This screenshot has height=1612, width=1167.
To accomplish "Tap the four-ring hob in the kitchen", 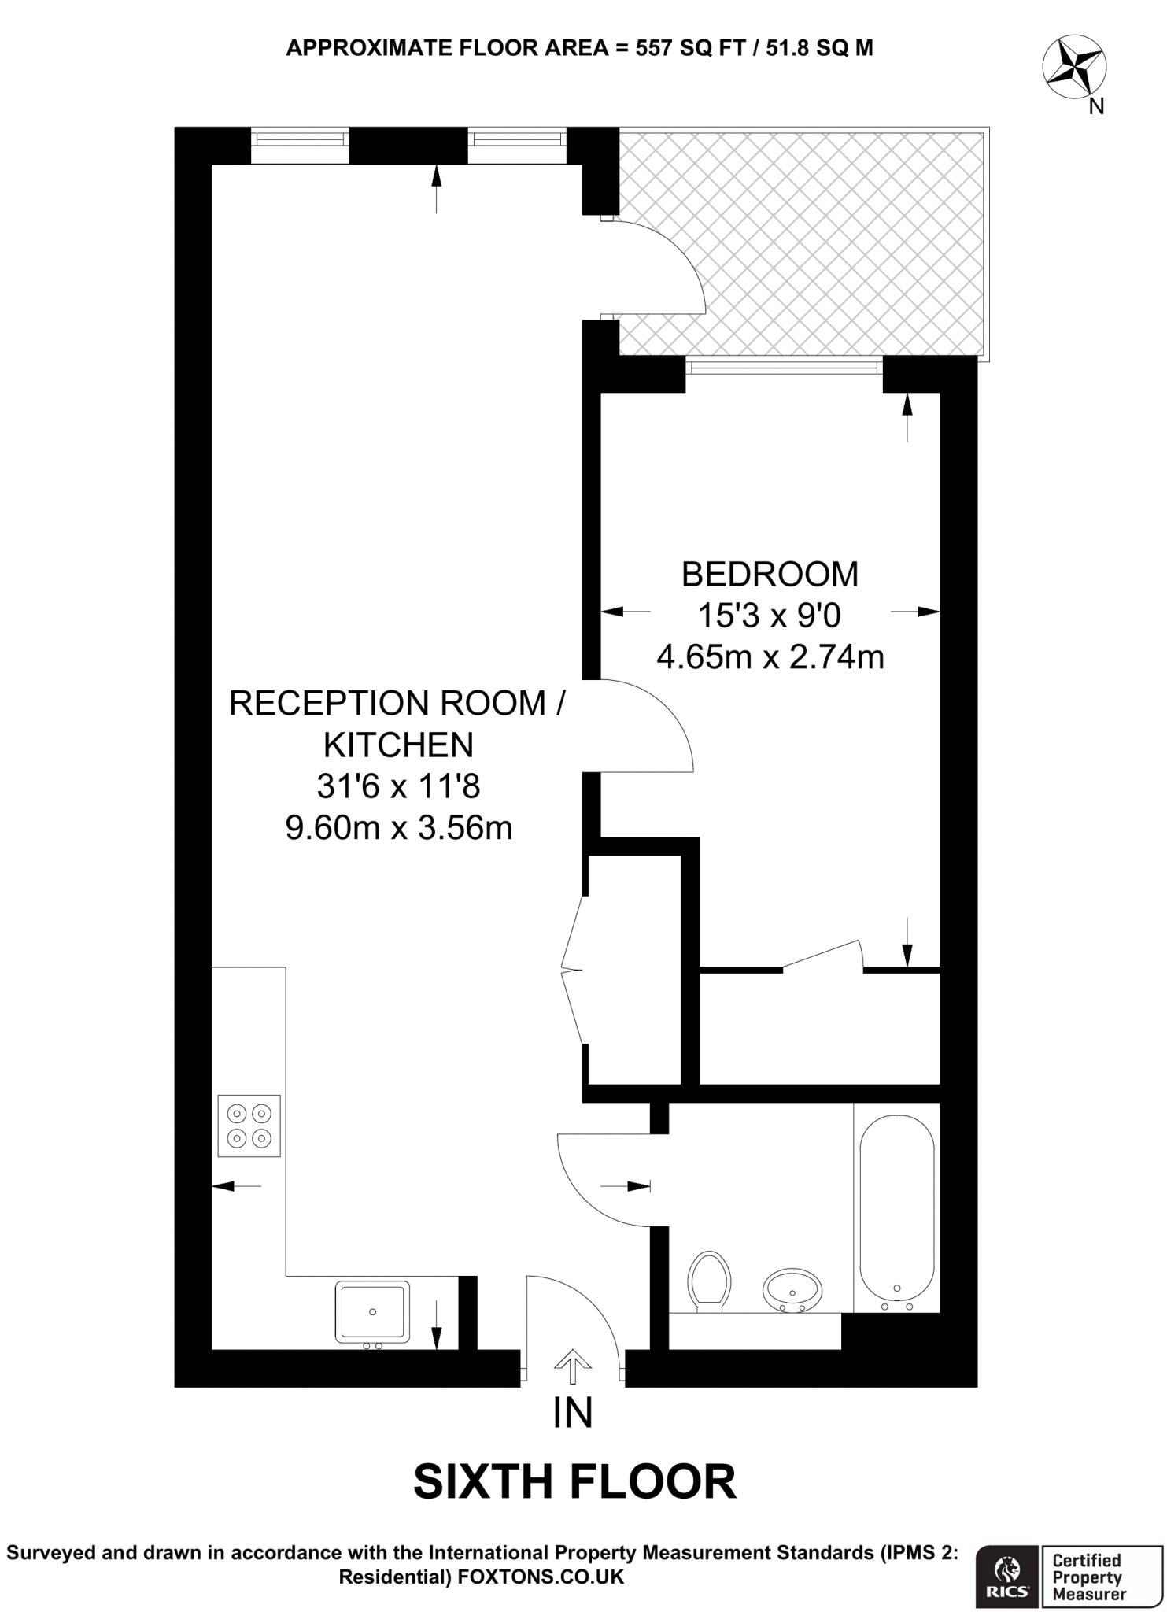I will (249, 1126).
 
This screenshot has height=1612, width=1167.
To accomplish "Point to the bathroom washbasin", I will (792, 1290).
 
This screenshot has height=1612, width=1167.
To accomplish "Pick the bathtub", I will (897, 1211).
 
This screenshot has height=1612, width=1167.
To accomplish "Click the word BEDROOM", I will (769, 574).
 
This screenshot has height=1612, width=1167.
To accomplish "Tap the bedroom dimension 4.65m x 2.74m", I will (770, 656).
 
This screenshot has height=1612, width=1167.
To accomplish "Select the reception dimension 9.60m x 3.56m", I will (399, 827).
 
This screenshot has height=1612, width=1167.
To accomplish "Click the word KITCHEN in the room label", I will (399, 744).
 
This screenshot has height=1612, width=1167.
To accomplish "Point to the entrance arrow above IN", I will (572, 1366).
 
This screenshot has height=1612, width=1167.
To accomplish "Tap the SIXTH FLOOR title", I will (574, 1481).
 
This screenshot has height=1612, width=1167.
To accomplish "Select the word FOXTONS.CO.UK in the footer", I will (541, 1577).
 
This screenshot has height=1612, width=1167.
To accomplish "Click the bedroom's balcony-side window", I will (784, 368).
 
